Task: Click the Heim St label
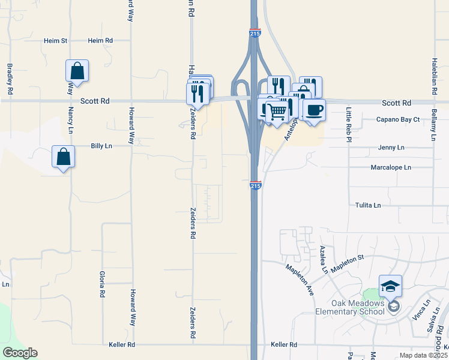[x=55, y=41]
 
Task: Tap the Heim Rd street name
[x=100, y=41]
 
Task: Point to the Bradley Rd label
[x=10, y=80]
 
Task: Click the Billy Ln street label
[x=101, y=146]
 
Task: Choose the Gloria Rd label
[x=102, y=284]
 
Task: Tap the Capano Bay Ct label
[x=397, y=119]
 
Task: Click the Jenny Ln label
[x=391, y=147]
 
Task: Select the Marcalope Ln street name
[x=391, y=167]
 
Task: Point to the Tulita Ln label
[x=367, y=205]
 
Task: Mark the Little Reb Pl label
[x=348, y=124]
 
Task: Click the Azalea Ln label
[x=324, y=259]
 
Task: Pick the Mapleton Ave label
[x=300, y=279]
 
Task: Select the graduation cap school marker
[x=390, y=286]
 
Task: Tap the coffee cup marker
[x=313, y=110]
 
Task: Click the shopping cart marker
[x=276, y=110]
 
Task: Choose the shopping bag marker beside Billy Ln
[x=63, y=157]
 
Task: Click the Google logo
[x=20, y=353]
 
